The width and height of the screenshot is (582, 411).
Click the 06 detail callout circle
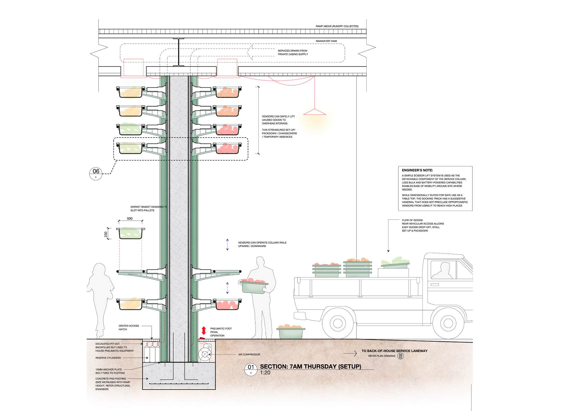coord(96,173)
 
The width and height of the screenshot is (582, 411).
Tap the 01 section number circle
coord(251,369)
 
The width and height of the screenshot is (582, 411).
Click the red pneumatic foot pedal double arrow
coord(204,330)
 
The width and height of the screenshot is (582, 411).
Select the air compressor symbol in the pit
coord(205,354)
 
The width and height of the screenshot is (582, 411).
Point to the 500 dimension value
coord(130,218)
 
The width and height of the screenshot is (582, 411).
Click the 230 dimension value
coord(106,234)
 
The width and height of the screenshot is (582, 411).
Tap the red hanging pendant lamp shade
coord(315,112)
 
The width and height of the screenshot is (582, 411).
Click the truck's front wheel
coord(448,323)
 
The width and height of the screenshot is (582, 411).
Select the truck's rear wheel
coord(338,323)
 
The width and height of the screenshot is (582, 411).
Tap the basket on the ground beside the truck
coord(291,332)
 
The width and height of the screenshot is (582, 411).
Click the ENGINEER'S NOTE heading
coord(417,170)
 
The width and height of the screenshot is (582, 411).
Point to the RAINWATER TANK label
coord(326,41)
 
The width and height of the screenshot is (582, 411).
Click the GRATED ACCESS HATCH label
coord(129,328)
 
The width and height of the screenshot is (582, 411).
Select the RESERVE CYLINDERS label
coord(108,358)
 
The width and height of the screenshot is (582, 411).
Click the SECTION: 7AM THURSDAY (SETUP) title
coord(310,367)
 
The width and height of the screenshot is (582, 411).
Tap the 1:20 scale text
coord(265,373)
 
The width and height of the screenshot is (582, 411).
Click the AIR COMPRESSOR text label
coord(249,354)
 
